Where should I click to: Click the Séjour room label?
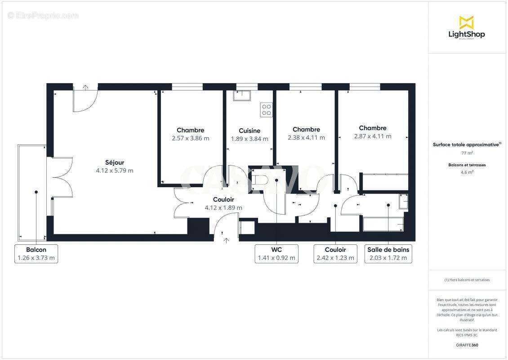point(115,162)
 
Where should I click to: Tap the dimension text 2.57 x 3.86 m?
point(190,139)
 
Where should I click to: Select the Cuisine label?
point(250,131)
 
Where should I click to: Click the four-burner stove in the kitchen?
point(266,110)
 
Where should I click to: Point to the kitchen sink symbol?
point(242,95)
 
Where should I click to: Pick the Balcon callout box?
point(36,254)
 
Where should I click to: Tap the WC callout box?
point(276,254)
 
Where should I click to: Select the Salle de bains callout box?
point(388,254)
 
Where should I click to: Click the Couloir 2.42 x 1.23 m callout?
point(335,254)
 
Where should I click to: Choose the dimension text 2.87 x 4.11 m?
point(372,136)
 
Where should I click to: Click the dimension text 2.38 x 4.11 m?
point(306,138)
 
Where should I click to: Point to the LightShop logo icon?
point(466,22)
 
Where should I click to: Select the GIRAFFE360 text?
point(467,344)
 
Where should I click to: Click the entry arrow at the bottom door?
point(226,240)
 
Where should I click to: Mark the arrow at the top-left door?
point(85,86)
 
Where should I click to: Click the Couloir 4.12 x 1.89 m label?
point(223,203)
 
